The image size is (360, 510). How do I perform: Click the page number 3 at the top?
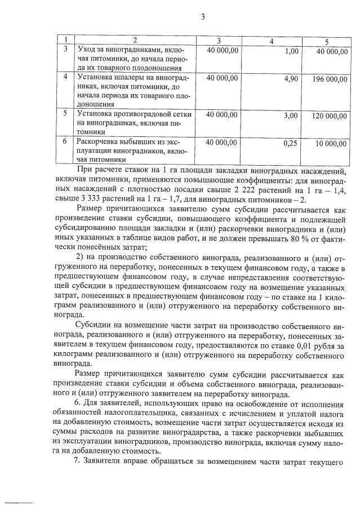click(202, 16)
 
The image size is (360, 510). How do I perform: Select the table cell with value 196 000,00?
click(329, 79)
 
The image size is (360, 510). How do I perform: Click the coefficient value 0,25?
click(290, 144)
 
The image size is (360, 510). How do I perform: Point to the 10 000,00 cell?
click(331, 144)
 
